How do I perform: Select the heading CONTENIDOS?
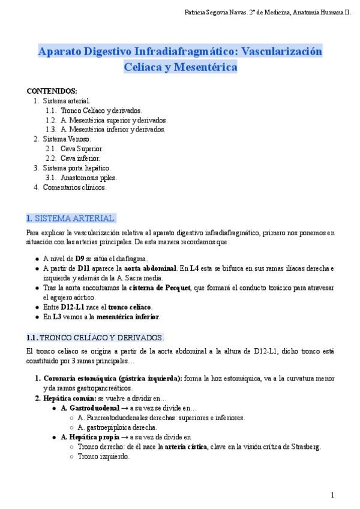tap(52, 91)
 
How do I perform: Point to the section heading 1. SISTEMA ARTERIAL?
tap(71, 217)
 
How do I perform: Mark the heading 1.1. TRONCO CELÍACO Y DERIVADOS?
tap(95, 337)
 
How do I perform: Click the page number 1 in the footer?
tap(332, 495)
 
